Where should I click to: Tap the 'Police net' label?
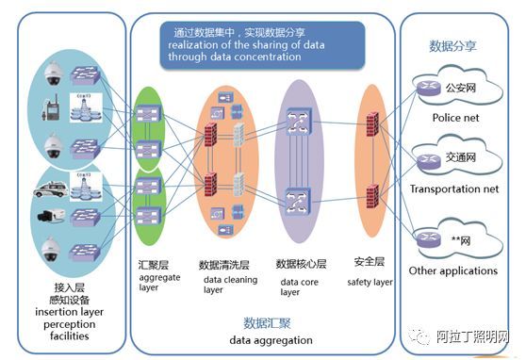point(455,118)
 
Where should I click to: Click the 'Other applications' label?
point(452,271)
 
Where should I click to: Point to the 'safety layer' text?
point(370,282)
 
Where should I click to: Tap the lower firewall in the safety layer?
point(371,196)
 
